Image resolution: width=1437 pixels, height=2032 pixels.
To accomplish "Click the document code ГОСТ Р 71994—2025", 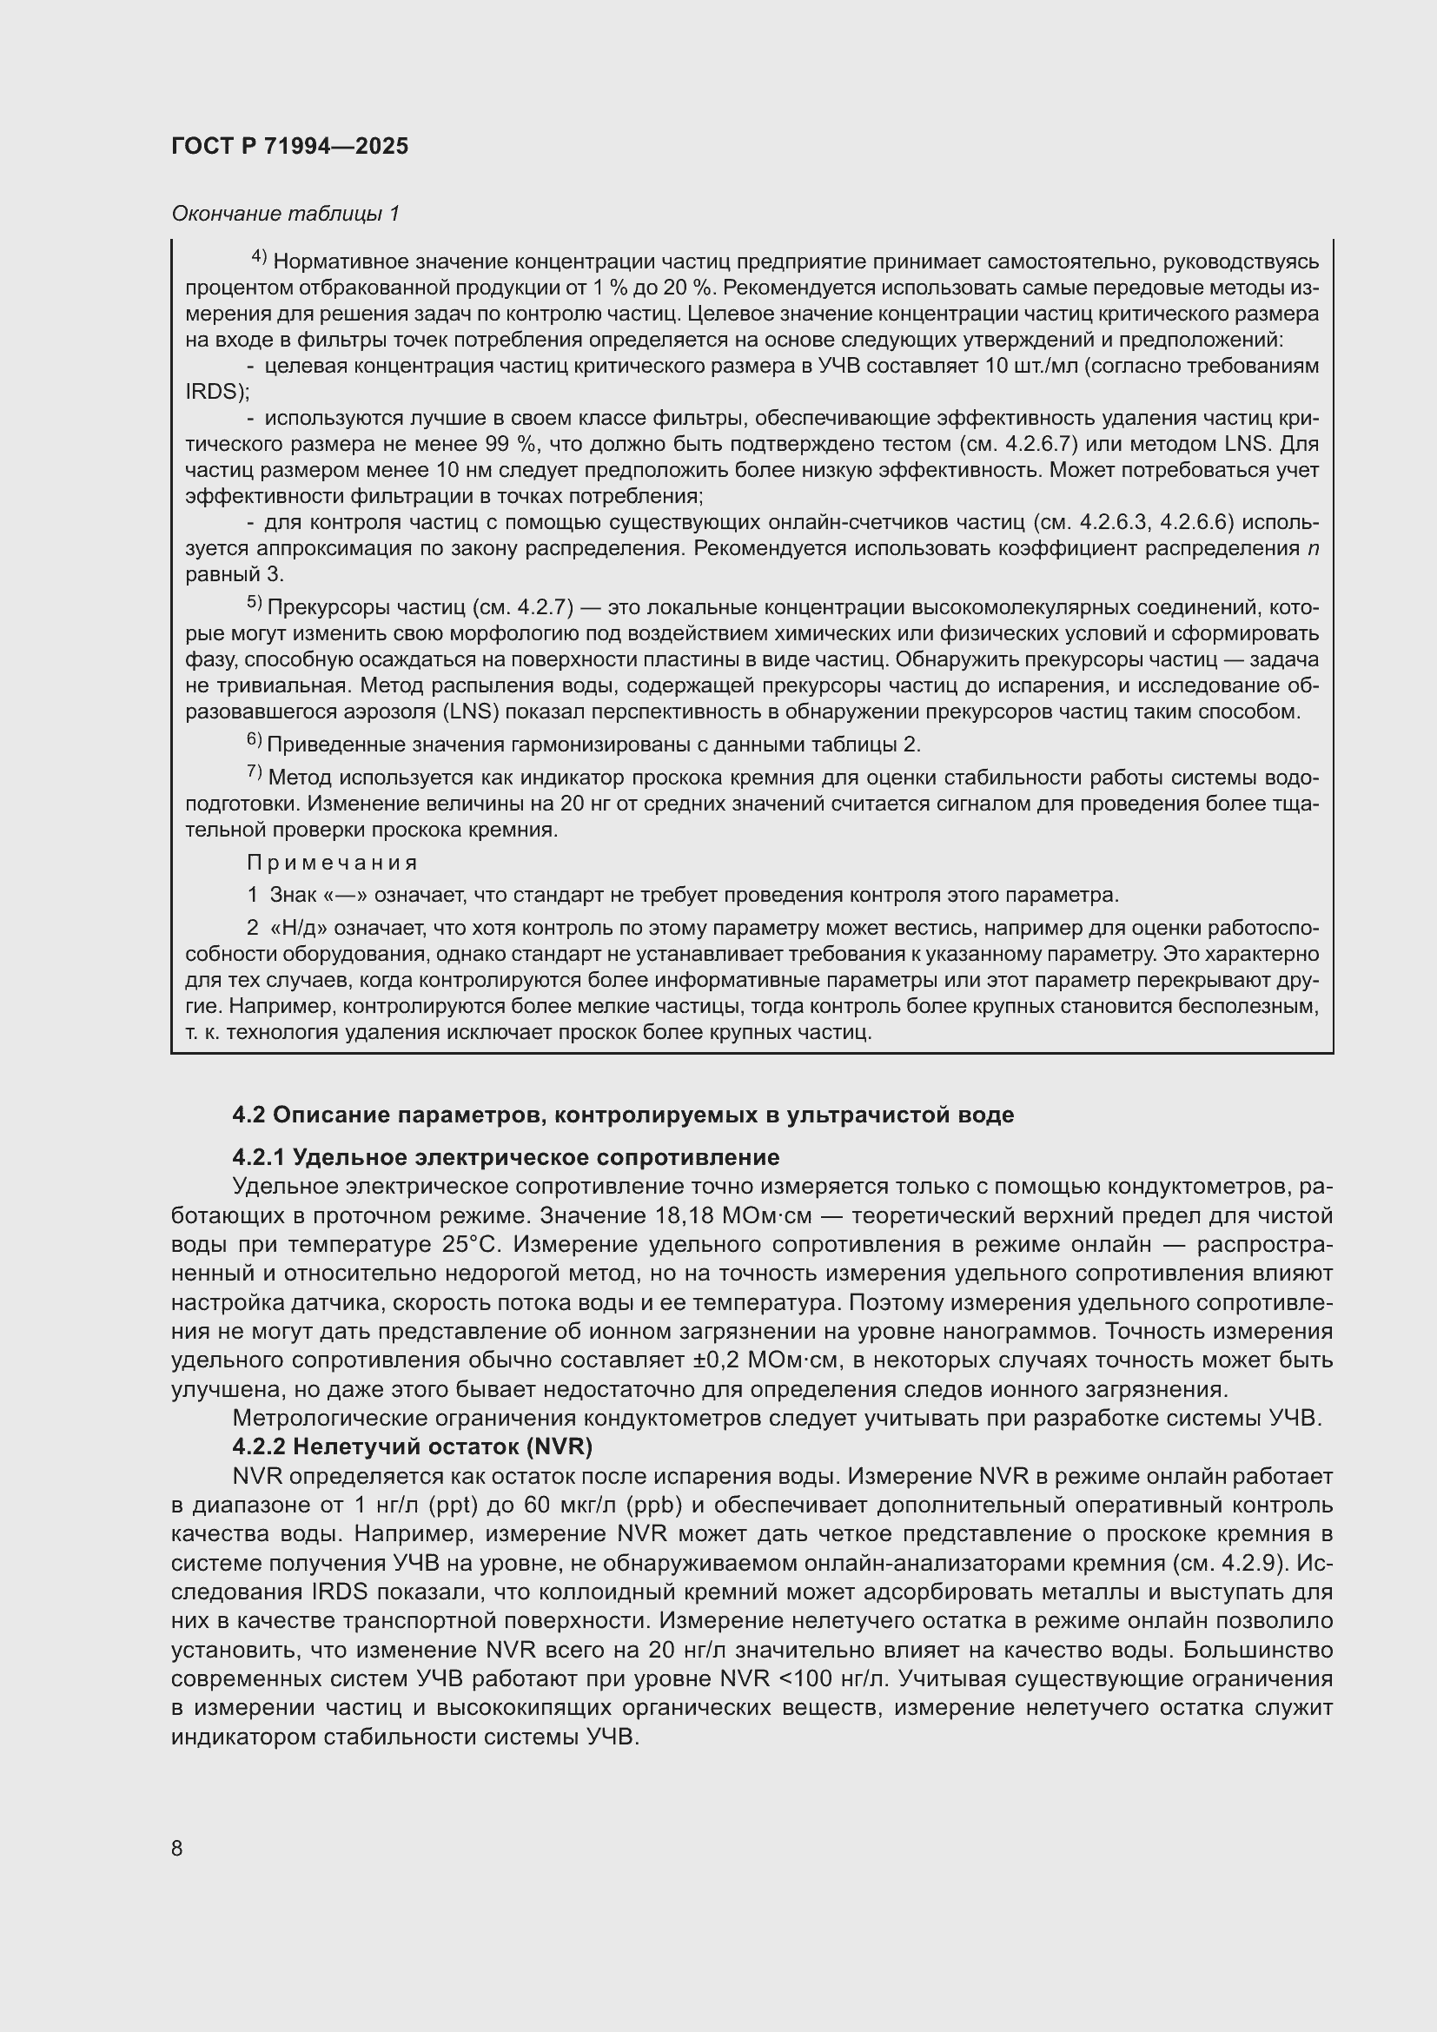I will click(289, 147).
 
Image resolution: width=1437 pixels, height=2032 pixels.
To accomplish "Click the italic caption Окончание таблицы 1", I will click(285, 214).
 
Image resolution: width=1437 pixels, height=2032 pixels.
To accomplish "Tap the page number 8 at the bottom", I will click(177, 1848).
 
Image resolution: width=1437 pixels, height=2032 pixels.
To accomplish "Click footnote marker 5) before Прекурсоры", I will click(254, 603).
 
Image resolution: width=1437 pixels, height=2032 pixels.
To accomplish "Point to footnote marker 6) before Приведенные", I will click(254, 739).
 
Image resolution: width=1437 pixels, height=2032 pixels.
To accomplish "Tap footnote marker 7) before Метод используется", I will click(254, 772).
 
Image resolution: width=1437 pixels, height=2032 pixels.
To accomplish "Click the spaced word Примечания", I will click(332, 862).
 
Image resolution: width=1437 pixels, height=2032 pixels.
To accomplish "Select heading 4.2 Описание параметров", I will click(623, 1115).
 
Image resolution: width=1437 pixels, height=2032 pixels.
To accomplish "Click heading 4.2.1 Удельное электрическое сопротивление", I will click(506, 1157).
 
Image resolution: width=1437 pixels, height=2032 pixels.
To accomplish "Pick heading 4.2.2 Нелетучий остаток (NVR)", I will click(413, 1447).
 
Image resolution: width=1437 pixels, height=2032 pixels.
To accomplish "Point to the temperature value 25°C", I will click(470, 1244).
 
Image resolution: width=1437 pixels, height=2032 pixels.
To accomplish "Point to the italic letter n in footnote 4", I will click(1312, 548).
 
